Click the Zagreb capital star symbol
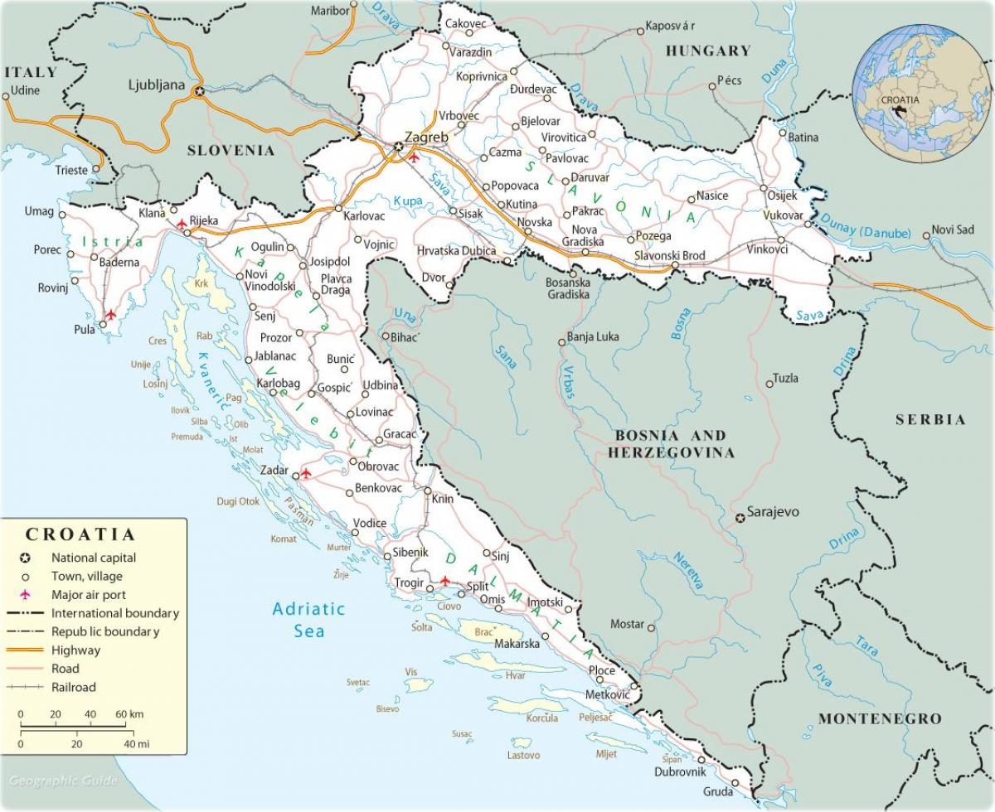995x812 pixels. click(399, 147)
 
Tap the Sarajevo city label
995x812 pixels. click(773, 512)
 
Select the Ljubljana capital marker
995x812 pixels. click(199, 91)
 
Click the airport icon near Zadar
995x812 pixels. click(306, 473)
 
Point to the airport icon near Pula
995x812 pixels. click(110, 315)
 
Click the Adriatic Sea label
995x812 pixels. click(308, 620)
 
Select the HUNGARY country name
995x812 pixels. click(707, 51)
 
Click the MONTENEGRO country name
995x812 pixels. click(880, 718)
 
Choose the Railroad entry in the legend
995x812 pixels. click(73, 687)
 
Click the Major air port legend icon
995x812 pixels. click(26, 595)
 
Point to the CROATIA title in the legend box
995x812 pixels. click(80, 534)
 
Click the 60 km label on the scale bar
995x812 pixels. click(129, 714)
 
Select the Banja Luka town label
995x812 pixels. click(593, 337)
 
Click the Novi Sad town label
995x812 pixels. click(953, 230)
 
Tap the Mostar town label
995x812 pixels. click(627, 624)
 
